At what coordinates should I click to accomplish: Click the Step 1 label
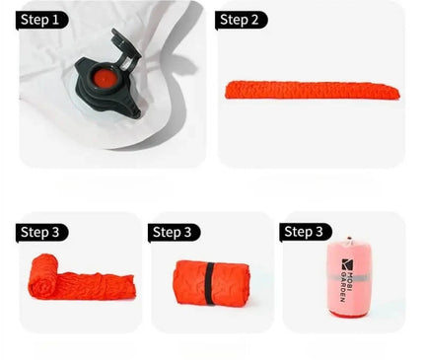41,20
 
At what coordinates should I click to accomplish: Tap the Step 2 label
241,20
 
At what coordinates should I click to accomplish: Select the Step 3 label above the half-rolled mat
41,233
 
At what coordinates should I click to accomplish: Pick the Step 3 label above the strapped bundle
174,233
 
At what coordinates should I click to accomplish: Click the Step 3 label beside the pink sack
306,232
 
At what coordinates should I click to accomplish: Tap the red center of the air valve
103,79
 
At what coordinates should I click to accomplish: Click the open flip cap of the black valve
125,46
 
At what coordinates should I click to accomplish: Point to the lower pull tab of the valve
130,108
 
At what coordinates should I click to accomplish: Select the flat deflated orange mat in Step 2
313,90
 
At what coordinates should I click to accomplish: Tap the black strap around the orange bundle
209,283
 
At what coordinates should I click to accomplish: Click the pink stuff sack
348,277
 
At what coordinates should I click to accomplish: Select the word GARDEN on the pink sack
342,287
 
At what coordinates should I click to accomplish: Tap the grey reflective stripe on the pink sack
349,278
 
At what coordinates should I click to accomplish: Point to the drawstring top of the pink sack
349,241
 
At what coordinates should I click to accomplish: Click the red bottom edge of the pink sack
347,315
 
